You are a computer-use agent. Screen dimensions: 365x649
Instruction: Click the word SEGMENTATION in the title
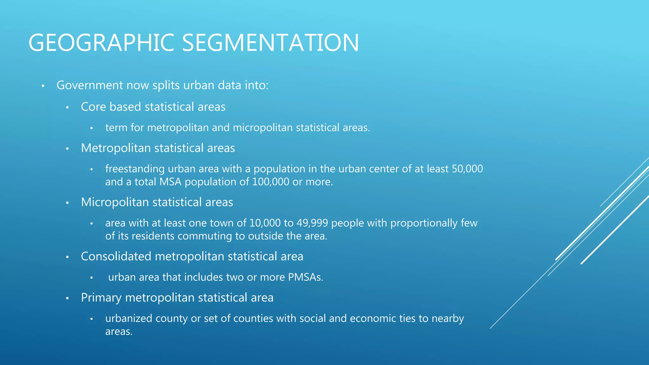point(270,43)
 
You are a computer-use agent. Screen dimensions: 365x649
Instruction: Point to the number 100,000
point(271,182)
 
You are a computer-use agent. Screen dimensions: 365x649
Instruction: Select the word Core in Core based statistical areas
point(93,107)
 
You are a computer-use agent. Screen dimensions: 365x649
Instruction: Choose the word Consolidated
point(116,256)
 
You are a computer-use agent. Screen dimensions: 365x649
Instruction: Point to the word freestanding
point(135,169)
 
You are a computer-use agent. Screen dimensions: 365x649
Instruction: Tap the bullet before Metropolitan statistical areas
point(67,149)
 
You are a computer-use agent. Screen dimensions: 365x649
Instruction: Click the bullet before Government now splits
point(43,86)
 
